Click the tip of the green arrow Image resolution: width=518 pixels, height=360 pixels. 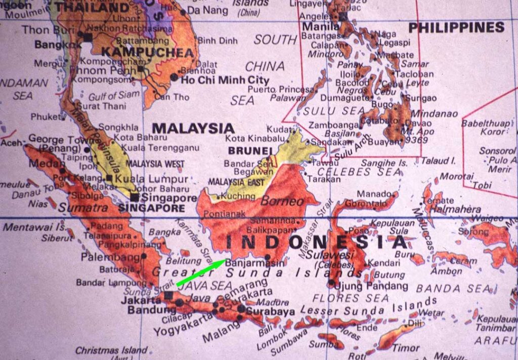pyautogui.click(x=226, y=260)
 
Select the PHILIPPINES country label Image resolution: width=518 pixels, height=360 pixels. pyautogui.click(x=456, y=27)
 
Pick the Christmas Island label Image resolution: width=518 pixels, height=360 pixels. pyautogui.click(x=111, y=350)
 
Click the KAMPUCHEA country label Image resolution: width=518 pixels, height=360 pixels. pyautogui.click(x=148, y=53)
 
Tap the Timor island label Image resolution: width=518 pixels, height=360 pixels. pyautogui.click(x=406, y=348)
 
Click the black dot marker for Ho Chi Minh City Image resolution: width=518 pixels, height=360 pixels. pyautogui.click(x=174, y=77)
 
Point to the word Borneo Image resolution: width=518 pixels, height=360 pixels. pyautogui.click(x=282, y=201)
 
